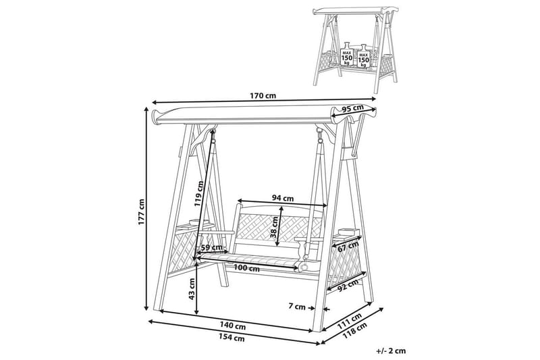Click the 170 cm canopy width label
pyautogui.click(x=263, y=96)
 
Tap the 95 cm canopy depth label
pyautogui.click(x=353, y=108)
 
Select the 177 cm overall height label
pyautogui.click(x=141, y=212)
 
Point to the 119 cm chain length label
pyautogui.click(x=198, y=193)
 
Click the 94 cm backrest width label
pyautogui.click(x=283, y=198)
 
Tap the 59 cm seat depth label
pyautogui.click(x=211, y=247)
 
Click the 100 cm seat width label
pyautogui.click(x=246, y=267)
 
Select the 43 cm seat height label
pyautogui.click(x=192, y=288)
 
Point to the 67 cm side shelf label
pyautogui.click(x=348, y=247)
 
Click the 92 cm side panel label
pyautogui.click(x=347, y=285)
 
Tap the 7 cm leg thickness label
pyautogui.click(x=297, y=307)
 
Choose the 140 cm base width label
pyautogui.click(x=233, y=325)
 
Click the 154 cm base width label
pyautogui.click(x=232, y=338)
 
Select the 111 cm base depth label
pyautogui.click(x=349, y=319)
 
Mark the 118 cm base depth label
pyautogui.click(x=355, y=330)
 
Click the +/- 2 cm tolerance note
pyautogui.click(x=391, y=351)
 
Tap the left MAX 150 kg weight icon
pyautogui.click(x=347, y=54)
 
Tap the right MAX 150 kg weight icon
pyautogui.click(x=363, y=56)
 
